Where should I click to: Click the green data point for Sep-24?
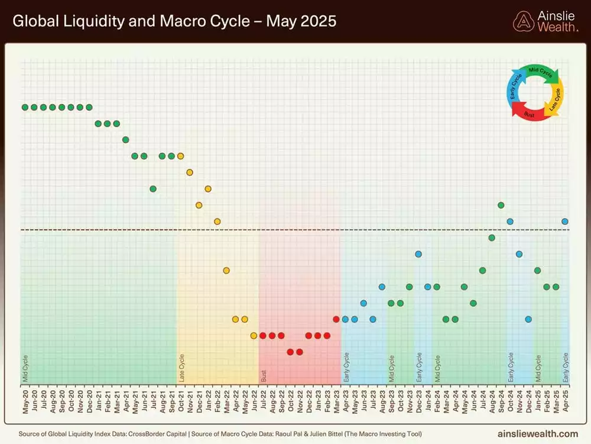tap(501, 205)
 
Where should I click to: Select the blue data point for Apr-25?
tap(565, 221)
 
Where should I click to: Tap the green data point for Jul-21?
tap(153, 189)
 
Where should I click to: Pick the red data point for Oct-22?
tap(290, 352)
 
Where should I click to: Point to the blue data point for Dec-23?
tap(418, 254)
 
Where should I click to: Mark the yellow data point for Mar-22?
tap(226, 271)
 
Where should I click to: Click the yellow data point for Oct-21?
tap(181, 156)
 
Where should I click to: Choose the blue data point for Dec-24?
tap(528, 319)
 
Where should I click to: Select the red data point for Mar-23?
tap(336, 319)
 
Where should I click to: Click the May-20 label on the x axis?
tap(25, 401)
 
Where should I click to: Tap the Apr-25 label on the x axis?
tap(565, 401)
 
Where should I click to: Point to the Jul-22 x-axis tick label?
tap(263, 401)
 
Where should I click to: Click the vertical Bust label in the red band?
tap(264, 375)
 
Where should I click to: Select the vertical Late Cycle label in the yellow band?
tap(181, 368)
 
